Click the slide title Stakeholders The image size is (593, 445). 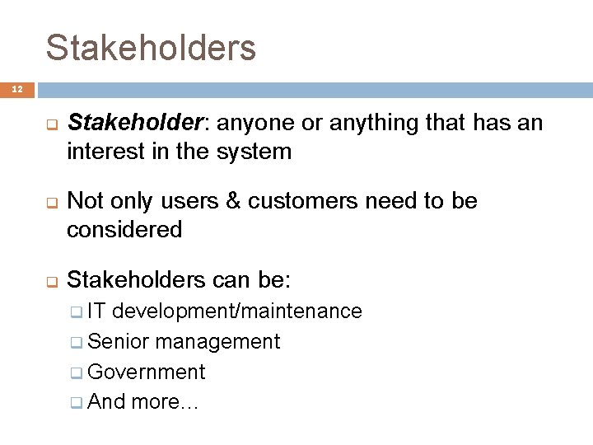(151, 48)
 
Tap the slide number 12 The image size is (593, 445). (17, 89)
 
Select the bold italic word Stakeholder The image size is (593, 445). (135, 124)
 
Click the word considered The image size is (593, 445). (124, 230)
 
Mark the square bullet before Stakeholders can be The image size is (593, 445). (50, 281)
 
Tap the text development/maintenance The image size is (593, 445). (237, 311)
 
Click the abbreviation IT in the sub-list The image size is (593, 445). (96, 311)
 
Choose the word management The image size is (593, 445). (217, 342)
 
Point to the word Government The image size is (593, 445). (146, 372)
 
